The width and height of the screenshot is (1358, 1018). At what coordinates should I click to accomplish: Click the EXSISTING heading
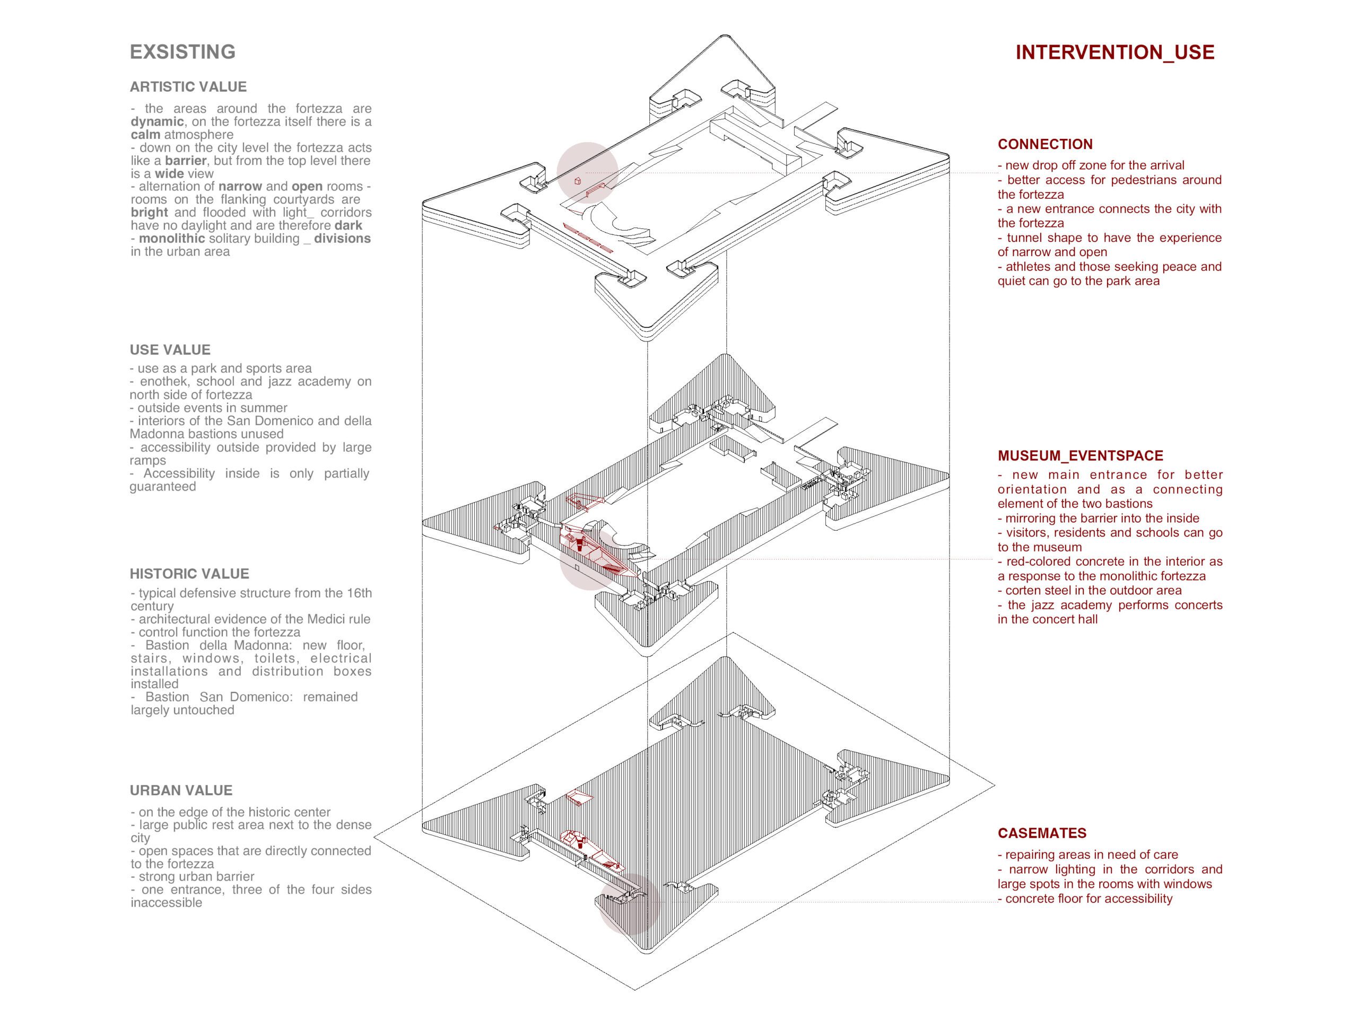click(182, 52)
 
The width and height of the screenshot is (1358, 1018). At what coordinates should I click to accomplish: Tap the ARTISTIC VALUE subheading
click(188, 87)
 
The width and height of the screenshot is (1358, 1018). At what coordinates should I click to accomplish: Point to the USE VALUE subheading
click(170, 350)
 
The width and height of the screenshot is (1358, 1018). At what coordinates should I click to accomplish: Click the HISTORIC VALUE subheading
click(189, 574)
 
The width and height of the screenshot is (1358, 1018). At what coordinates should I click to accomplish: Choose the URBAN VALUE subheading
click(181, 791)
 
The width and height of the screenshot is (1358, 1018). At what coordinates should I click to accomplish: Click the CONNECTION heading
click(1045, 145)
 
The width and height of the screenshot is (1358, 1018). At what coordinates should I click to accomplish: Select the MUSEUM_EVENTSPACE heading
click(1080, 456)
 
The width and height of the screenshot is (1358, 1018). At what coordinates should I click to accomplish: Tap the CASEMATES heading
click(1042, 833)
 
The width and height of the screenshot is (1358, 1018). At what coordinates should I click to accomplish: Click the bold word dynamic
click(157, 122)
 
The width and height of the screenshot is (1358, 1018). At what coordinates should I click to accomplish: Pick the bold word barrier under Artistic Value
click(186, 161)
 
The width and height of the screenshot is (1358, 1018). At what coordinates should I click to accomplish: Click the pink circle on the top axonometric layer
click(587, 173)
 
